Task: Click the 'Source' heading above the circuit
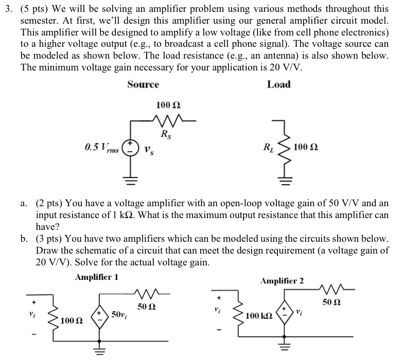pyautogui.click(x=143, y=85)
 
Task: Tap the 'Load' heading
pyautogui.click(x=278, y=85)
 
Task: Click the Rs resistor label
pyautogui.click(x=166, y=135)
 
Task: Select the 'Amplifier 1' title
pyautogui.click(x=97, y=277)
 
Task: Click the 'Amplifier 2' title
pyautogui.click(x=282, y=281)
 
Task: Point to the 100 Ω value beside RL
pyautogui.click(x=305, y=148)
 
